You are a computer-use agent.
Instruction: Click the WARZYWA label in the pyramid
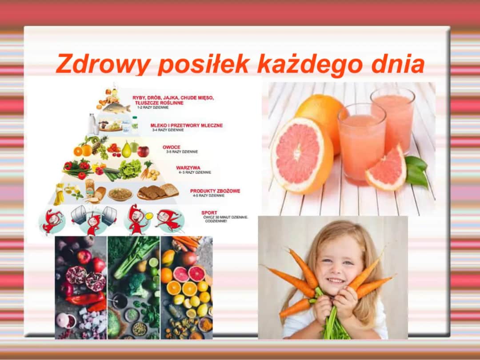tap(188, 168)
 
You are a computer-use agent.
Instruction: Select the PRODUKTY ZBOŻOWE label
tap(215, 191)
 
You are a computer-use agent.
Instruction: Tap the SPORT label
tap(209, 213)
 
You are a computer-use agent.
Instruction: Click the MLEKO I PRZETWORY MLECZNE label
tap(187, 125)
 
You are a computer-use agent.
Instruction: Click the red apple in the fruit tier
tap(143, 151)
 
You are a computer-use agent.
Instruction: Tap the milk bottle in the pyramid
tap(92, 123)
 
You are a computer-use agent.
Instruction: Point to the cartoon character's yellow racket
tap(148, 216)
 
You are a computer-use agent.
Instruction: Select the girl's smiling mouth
tap(336, 281)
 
